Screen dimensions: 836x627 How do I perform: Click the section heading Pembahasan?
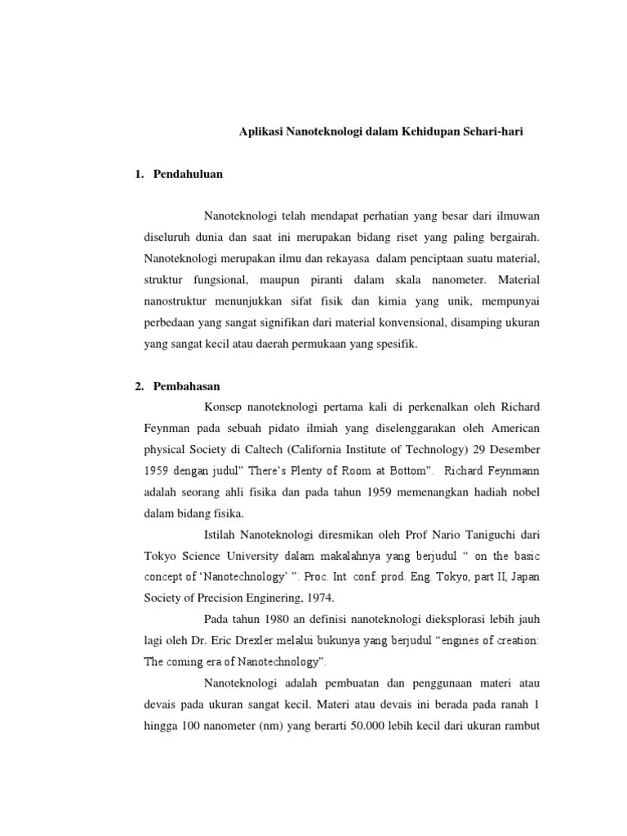[x=187, y=385]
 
